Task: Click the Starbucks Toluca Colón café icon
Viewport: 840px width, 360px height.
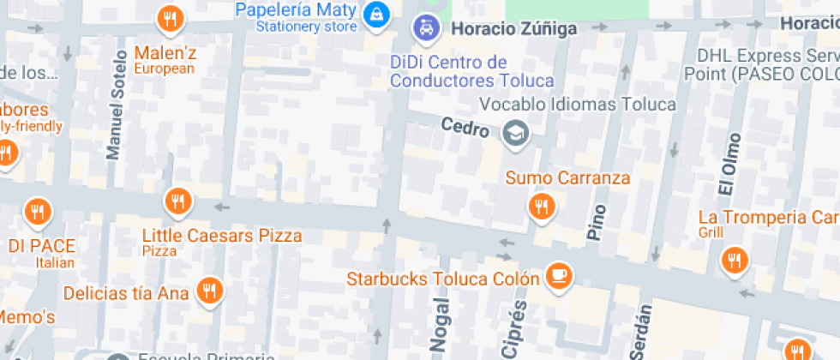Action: pos(561,276)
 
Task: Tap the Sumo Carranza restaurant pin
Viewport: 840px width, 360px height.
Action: pos(540,206)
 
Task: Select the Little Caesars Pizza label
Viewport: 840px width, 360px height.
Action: pos(222,235)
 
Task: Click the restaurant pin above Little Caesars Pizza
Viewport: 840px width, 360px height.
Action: pos(177,202)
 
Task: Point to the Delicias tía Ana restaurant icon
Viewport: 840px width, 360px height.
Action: pos(209,291)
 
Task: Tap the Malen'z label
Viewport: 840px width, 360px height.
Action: pos(165,52)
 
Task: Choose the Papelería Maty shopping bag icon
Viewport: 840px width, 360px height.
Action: pos(375,14)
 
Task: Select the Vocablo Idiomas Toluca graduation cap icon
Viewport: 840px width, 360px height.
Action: pos(515,133)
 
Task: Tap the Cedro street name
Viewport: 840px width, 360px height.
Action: pos(465,129)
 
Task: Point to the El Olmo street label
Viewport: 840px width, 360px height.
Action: pos(728,164)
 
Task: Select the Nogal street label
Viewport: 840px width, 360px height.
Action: pos(440,323)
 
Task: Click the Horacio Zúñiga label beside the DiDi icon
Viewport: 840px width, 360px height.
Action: pos(503,28)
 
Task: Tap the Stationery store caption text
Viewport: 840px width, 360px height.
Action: pos(307,27)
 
